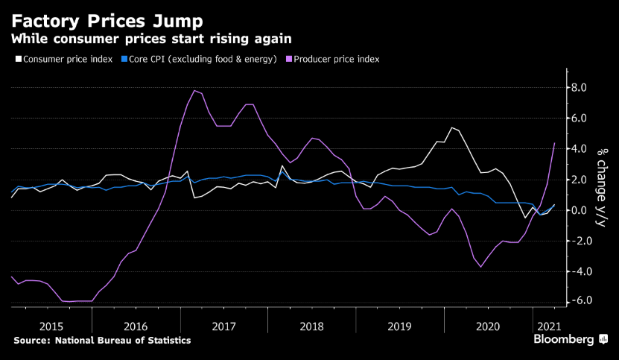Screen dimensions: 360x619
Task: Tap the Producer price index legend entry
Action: coord(336,59)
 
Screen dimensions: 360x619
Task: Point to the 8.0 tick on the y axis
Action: coord(579,88)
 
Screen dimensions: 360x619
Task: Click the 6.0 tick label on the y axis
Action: coord(579,119)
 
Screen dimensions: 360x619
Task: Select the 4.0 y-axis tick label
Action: coord(579,149)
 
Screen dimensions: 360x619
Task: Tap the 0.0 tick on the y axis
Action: coord(579,210)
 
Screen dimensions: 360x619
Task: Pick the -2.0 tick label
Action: coord(577,241)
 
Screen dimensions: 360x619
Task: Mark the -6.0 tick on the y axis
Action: coord(577,301)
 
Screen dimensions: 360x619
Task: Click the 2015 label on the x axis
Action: coord(51,326)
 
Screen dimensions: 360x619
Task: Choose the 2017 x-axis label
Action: coord(224,326)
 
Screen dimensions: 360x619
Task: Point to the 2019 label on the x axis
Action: coord(400,326)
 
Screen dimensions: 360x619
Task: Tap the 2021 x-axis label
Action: coord(548,326)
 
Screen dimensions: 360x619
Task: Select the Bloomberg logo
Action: coord(568,340)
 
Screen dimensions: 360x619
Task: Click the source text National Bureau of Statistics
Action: coord(102,340)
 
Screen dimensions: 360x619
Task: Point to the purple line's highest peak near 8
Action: coord(194,90)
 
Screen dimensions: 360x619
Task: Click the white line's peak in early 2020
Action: coord(451,127)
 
